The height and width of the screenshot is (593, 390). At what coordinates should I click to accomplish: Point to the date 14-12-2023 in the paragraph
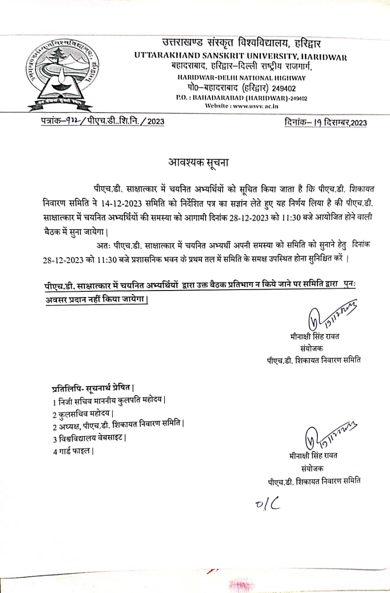(x=139, y=203)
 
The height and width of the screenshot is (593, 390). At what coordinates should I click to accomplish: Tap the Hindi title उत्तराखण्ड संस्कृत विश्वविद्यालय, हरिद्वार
(x=241, y=44)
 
